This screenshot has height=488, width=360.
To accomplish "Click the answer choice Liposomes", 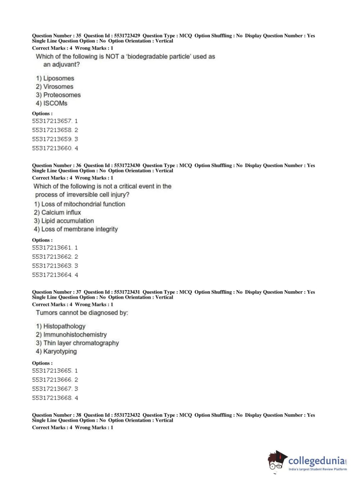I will click(x=55, y=78).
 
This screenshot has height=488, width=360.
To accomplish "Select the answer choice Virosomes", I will click(x=54, y=87).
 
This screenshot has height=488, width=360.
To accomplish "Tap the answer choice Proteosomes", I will click(x=58, y=95).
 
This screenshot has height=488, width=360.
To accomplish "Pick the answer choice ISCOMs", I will click(x=51, y=103).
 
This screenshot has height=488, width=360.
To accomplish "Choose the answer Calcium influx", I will click(x=58, y=212).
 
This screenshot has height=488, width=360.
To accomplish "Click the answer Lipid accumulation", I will click(x=64, y=221).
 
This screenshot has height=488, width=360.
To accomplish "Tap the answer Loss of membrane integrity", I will click(x=76, y=229).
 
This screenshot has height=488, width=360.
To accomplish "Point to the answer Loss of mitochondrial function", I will click(x=79, y=204).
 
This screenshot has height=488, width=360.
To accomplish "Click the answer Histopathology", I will click(x=61, y=326).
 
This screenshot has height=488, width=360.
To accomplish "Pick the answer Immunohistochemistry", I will click(x=71, y=335).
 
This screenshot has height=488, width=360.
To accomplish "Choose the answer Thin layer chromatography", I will click(x=77, y=343).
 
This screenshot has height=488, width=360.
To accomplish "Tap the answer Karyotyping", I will click(x=56, y=351).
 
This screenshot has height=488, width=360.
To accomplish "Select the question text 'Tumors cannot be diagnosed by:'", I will click(x=82, y=313).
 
